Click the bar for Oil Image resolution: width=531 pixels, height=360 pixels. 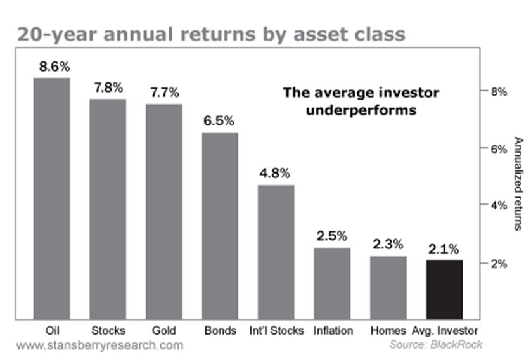pos(51,198)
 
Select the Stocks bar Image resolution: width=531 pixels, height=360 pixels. pos(108,209)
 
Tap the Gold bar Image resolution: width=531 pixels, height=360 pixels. pos(164,212)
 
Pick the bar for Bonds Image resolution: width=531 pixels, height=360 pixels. pos(220,226)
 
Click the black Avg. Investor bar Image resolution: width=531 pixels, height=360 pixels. pos(444,290)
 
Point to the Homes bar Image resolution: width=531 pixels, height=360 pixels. pos(388,288)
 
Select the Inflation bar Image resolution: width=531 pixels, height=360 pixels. pos(332,284)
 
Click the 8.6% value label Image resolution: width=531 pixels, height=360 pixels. pos(54,67)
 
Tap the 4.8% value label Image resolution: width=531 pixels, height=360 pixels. pos(274,173)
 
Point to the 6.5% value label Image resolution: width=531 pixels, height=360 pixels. pos(219,121)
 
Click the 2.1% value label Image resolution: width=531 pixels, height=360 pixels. pos(444,249)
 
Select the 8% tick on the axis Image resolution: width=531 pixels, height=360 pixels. pos(499,91)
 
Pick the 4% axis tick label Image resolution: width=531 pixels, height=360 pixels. pos(499,205)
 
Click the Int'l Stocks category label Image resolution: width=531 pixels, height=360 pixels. pos(276,331)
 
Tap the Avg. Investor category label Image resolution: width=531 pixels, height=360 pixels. pos(445,331)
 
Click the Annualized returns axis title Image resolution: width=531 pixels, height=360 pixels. pos(518,184)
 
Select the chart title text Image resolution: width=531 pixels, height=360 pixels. pos(211,35)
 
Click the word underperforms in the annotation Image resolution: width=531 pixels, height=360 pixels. pos(361,110)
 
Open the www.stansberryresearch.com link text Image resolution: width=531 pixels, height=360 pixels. pos(99,345)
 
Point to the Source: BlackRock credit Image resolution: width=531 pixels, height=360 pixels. pos(436,345)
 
